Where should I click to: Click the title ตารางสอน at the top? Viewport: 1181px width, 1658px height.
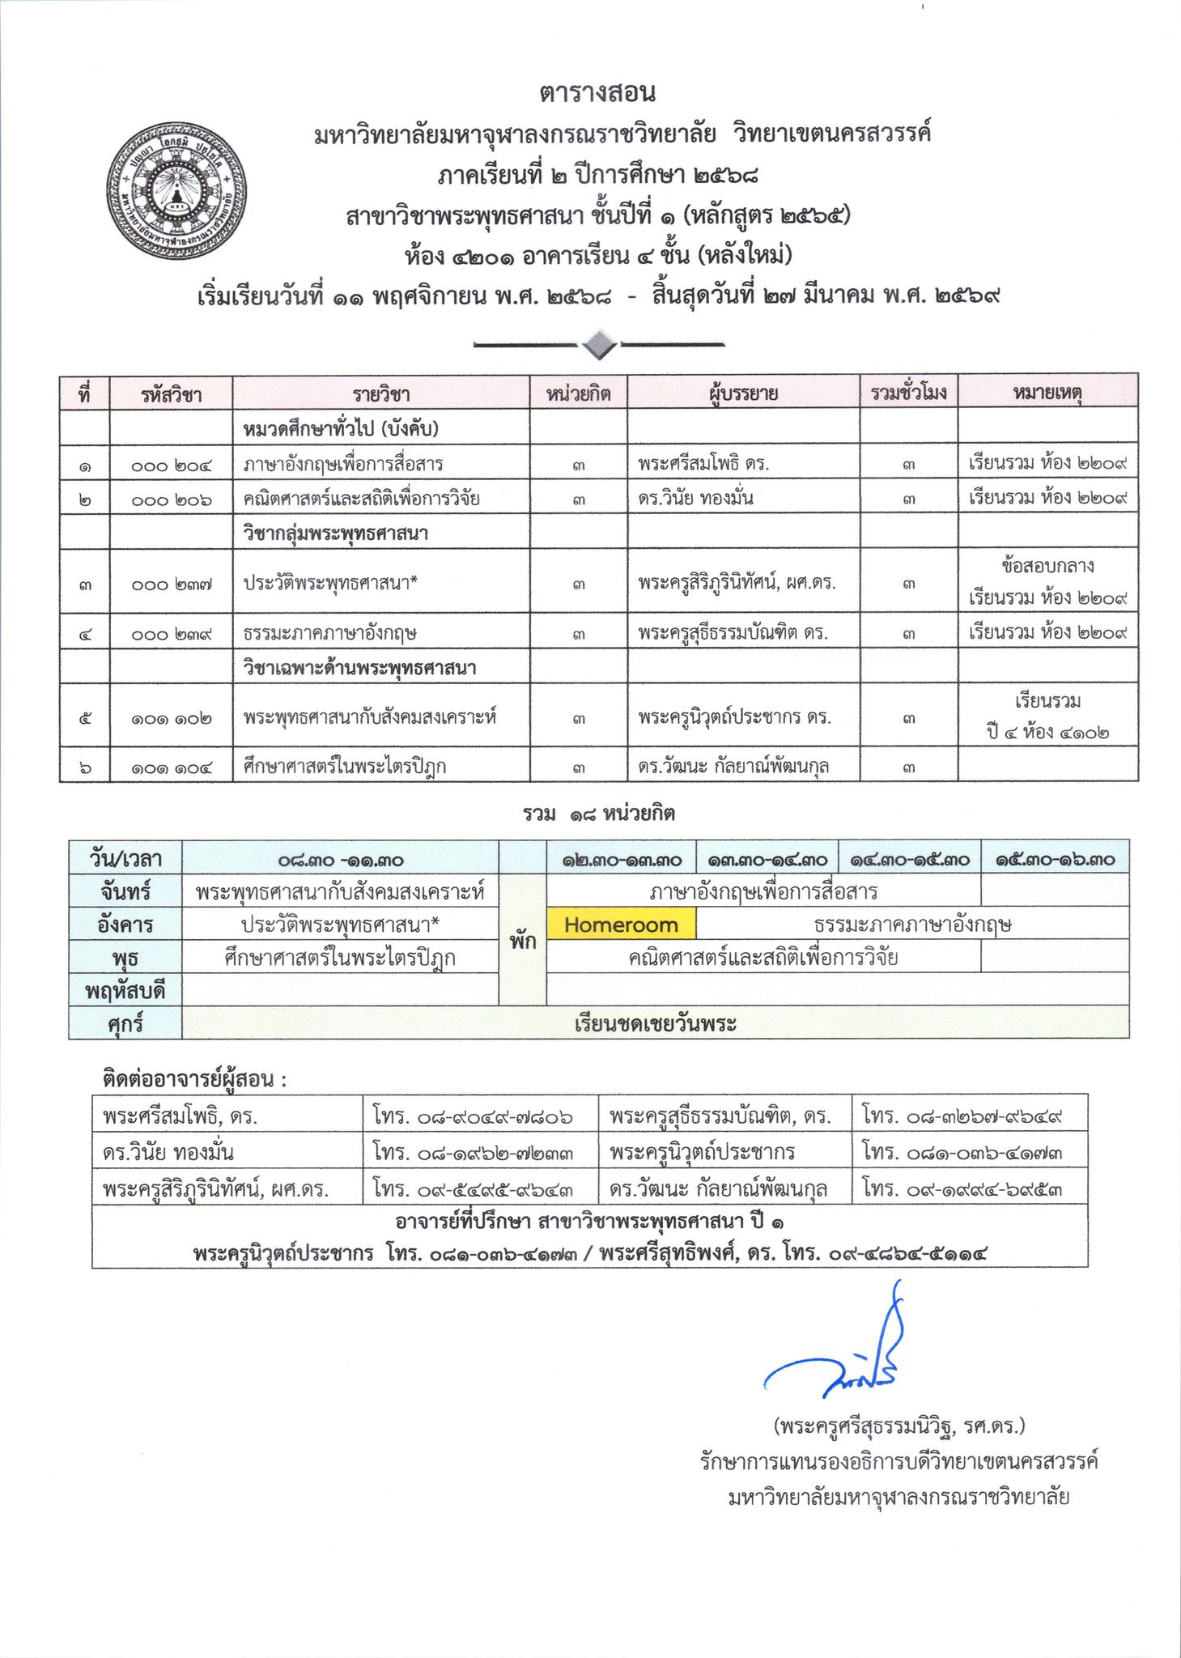coord(597,93)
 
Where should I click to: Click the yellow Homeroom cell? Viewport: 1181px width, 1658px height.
coord(621,925)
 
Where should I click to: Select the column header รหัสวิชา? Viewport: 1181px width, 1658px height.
coord(170,394)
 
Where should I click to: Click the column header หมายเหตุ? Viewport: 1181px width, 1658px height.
coord(1047,393)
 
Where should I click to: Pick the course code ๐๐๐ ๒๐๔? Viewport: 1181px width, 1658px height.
coord(170,465)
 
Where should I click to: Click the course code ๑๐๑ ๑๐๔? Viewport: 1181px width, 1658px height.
coord(170,767)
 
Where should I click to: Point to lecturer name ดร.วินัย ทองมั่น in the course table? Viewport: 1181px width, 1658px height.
coord(695,499)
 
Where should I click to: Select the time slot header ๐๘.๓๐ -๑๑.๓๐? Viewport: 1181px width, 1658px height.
coord(340,860)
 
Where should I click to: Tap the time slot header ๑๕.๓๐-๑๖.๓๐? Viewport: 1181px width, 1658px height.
coord(1054,860)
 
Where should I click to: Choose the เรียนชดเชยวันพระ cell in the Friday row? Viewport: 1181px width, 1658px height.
coord(654,1023)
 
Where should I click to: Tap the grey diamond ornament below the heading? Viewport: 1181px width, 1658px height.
coord(599,345)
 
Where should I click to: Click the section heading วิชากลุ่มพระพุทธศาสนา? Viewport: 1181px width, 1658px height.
coord(335,534)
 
